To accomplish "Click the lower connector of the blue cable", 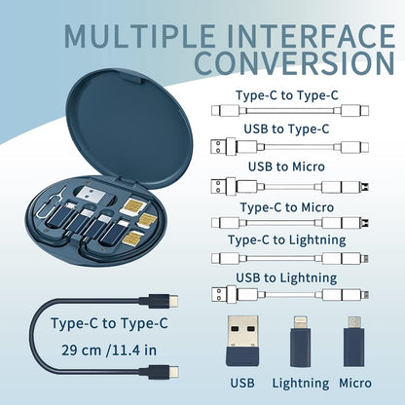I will (166, 374).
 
